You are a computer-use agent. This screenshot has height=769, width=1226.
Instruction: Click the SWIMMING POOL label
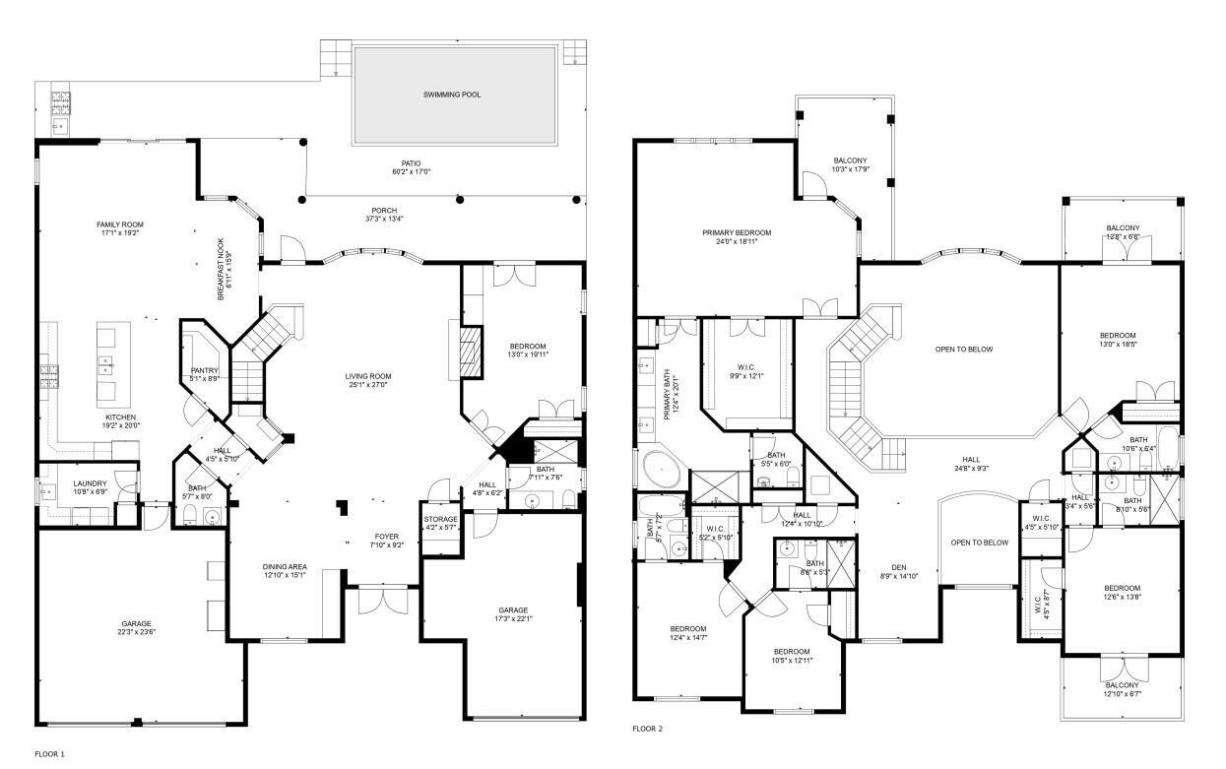[454, 95]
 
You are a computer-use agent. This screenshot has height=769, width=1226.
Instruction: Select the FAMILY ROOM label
[119, 224]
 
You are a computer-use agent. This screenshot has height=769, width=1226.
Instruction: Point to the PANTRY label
[204, 370]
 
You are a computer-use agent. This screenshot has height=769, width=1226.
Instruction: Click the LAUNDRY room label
[90, 482]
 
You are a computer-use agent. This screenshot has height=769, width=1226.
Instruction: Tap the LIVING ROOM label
[368, 375]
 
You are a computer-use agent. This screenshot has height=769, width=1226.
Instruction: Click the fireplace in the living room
[471, 351]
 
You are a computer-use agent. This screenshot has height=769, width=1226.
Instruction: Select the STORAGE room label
[439, 518]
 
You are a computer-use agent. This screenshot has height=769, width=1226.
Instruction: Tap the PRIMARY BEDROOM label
[737, 232]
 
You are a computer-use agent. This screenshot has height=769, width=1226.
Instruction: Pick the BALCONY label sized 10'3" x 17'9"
[851, 160]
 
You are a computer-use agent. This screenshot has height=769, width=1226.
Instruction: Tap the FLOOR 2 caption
[647, 730]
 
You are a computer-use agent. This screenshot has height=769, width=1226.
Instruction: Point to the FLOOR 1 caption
[49, 753]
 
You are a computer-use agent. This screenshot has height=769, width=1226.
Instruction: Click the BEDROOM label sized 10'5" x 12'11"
[792, 652]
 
